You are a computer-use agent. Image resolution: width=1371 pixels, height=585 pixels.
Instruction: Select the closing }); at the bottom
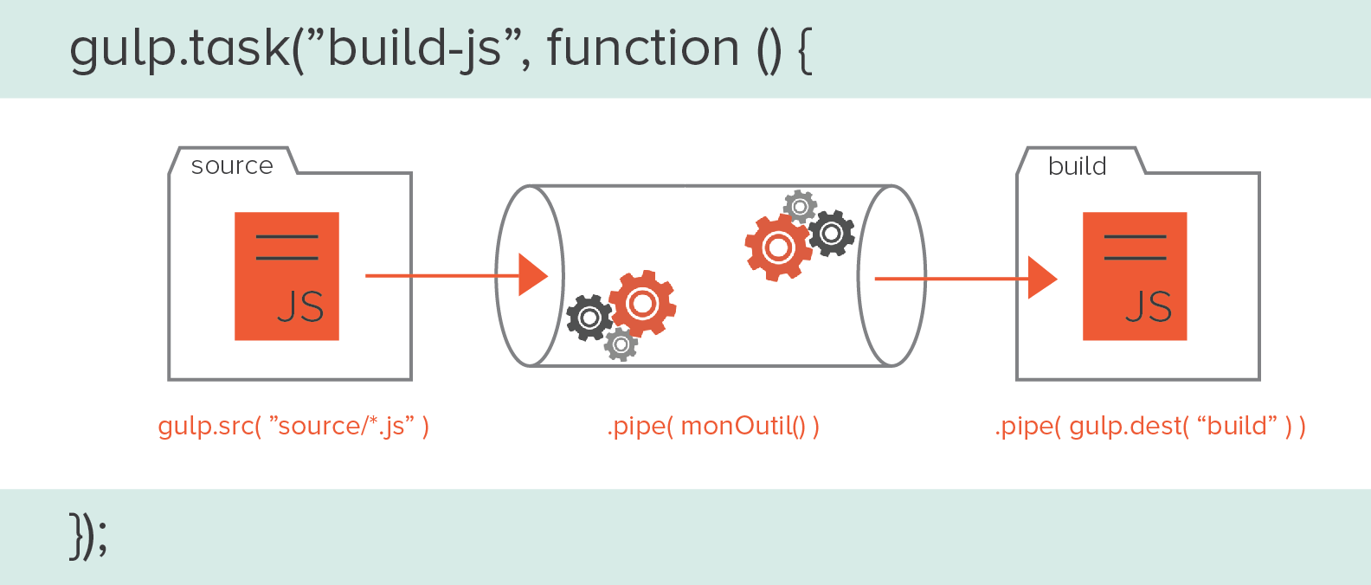(88, 537)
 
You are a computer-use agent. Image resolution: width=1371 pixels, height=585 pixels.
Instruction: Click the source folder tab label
(232, 165)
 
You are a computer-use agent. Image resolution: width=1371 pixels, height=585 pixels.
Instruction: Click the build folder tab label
(1077, 165)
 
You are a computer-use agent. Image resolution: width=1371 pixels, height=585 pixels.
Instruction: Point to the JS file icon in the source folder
(286, 276)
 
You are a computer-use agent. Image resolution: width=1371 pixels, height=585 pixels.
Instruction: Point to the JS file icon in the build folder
(1135, 276)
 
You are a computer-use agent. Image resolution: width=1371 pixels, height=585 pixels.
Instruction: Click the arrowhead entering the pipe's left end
(532, 275)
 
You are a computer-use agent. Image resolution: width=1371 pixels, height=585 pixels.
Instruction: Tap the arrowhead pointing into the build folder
(1041, 278)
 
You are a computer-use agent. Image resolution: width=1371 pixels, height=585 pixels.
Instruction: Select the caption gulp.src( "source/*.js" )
(293, 426)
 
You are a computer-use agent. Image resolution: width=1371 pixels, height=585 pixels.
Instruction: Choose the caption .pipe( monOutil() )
(713, 426)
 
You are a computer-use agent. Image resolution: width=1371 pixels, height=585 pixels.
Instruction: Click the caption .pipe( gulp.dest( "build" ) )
(1150, 426)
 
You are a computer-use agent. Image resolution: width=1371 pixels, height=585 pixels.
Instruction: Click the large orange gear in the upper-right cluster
(777, 248)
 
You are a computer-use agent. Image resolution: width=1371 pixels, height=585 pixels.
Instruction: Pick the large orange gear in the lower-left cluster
(642, 303)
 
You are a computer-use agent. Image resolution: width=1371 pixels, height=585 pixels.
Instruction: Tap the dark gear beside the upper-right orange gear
(832, 233)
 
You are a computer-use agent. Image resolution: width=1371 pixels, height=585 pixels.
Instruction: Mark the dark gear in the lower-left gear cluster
(589, 318)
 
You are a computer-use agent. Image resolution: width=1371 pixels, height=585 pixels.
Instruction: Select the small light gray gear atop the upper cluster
(800, 207)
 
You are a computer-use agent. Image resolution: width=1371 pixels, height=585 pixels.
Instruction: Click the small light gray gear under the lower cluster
(621, 344)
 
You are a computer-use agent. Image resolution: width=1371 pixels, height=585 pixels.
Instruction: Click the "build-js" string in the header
(415, 48)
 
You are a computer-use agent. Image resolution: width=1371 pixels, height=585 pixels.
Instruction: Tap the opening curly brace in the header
(804, 50)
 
